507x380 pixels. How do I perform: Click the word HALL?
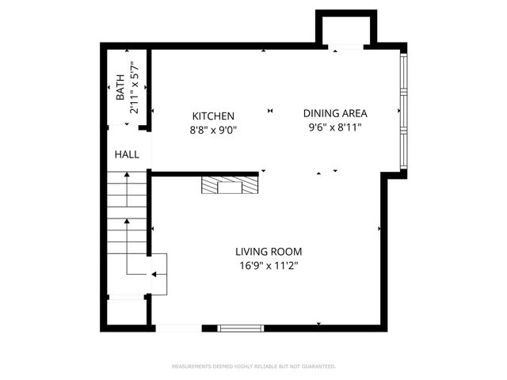127,154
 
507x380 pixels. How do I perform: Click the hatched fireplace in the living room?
230,185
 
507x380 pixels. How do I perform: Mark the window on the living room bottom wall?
240,327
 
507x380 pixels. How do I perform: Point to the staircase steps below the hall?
128,206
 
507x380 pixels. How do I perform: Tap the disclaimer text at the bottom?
253,367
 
